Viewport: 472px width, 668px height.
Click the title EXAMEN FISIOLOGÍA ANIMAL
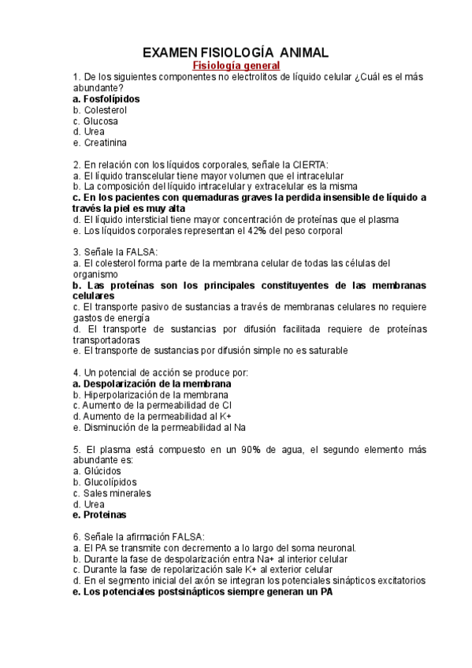click(x=235, y=52)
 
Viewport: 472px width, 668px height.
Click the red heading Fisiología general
click(x=236, y=65)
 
